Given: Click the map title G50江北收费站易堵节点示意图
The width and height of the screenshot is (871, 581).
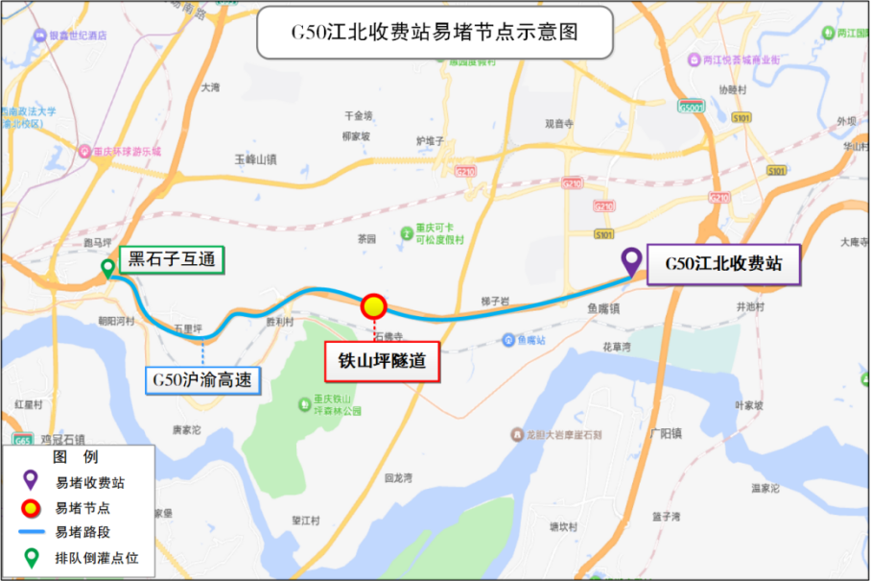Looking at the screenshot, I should (435, 33).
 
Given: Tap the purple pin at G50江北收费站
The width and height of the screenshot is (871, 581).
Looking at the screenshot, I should (631, 261).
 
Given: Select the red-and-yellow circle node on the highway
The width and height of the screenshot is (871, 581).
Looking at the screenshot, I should (373, 306).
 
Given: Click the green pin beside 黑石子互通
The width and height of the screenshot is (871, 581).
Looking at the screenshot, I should (106, 269).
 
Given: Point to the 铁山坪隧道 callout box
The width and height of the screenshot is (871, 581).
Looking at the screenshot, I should (381, 362).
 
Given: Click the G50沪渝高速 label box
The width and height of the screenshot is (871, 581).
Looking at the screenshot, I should (203, 380).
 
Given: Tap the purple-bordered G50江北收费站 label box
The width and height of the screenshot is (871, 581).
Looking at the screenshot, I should (725, 264).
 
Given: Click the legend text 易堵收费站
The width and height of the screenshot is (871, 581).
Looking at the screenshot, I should (89, 483).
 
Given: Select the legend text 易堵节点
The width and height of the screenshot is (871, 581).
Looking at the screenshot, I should (82, 508).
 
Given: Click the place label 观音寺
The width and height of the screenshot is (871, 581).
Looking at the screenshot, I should (558, 124).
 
